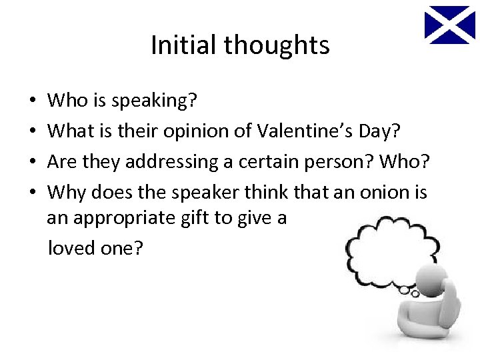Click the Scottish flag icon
tap(450, 25)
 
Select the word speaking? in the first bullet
tap(153, 101)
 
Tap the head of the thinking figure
tap(433, 286)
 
